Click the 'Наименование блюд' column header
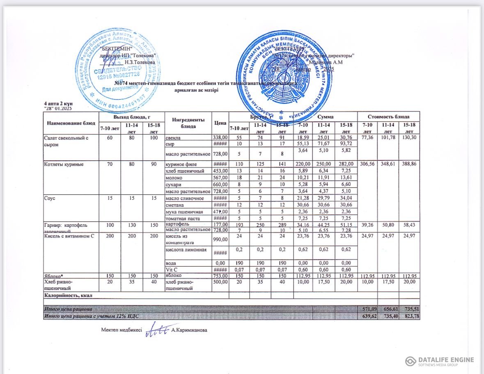pyautogui.click(x=71, y=123)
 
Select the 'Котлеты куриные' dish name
pyautogui.click(x=64, y=164)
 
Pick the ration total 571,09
pyautogui.click(x=367, y=308)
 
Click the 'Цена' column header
pyautogui.click(x=220, y=123)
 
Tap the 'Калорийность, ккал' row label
pyautogui.click(x=68, y=295)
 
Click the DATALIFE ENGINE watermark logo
pyautogui.click(x=439, y=361)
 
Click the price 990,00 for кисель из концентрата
pyautogui.click(x=220, y=239)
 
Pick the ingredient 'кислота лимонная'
pyautogui.click(x=183, y=250)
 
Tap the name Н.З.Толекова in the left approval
pyautogui.click(x=139, y=62)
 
